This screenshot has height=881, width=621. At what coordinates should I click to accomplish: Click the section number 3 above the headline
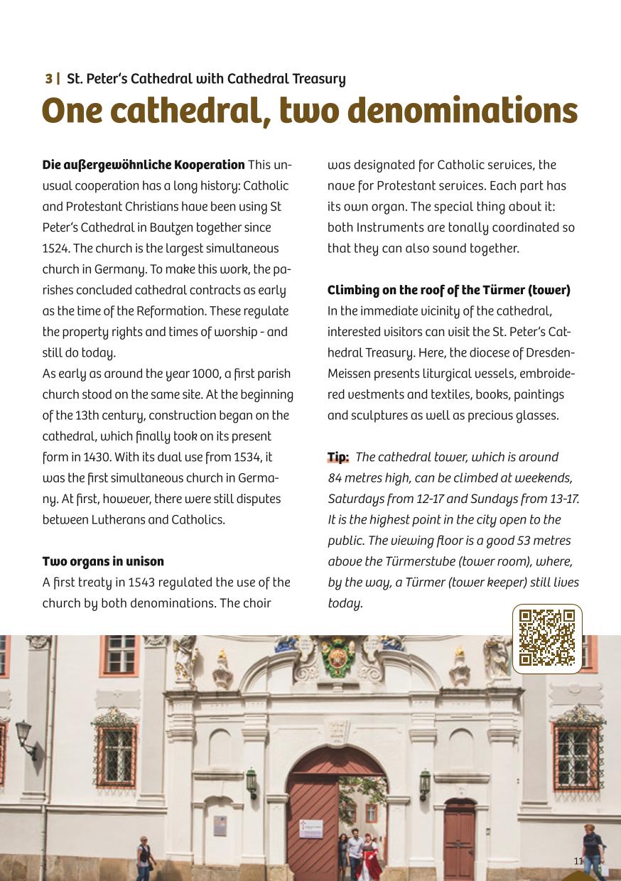coord(48,79)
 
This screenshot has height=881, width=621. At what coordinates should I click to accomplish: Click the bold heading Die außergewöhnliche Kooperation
coord(144,166)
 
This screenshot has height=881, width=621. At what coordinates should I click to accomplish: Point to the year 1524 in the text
coord(53,249)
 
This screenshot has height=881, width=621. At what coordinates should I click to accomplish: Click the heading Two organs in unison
coord(103,562)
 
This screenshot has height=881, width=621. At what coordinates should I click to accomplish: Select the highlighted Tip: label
coord(338,458)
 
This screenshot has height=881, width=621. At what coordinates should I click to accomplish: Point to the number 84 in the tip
coord(335,478)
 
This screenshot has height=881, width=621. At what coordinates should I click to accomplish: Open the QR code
coord(547,638)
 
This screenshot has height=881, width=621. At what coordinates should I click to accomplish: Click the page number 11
coord(578,861)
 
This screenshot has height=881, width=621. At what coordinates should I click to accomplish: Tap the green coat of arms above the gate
coord(337,657)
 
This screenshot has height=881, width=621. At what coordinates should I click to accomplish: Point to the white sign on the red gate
coord(310,829)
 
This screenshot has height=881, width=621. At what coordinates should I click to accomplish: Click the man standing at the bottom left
coord(145,858)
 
